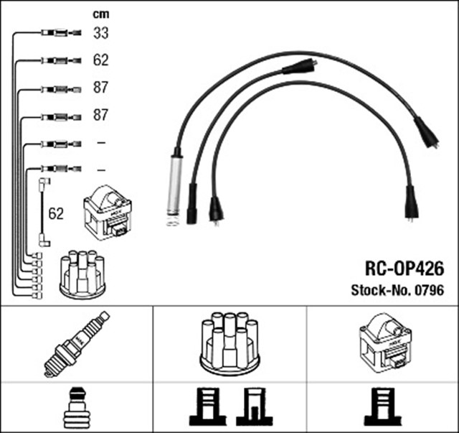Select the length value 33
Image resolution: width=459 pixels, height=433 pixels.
pos(100,32)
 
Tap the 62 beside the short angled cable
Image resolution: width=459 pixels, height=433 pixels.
pos(56,214)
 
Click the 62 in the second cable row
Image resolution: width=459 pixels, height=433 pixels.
pos(100,60)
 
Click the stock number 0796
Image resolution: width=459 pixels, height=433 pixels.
pos(430,291)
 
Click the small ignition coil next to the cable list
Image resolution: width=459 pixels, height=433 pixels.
pos(107,213)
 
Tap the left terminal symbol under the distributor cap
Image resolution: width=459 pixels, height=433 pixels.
pos(208,408)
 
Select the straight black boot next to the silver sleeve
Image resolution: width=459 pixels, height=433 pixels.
pos(191,204)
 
